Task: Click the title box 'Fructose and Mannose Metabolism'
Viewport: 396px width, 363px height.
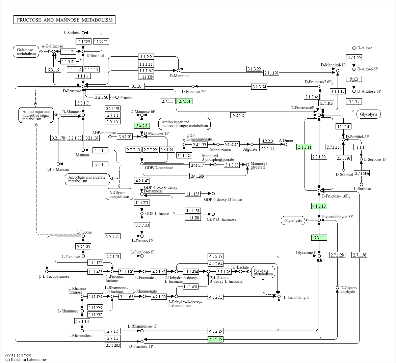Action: (x=64, y=20)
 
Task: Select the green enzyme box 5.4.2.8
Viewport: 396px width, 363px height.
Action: (x=142, y=126)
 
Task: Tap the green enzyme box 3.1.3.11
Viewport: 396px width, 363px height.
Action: (x=305, y=147)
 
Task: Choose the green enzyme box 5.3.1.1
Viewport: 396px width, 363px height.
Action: (x=319, y=238)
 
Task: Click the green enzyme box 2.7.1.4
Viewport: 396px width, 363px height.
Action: (x=185, y=101)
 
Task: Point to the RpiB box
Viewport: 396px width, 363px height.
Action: (x=353, y=79)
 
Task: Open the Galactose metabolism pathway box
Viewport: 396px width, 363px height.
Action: (x=26, y=51)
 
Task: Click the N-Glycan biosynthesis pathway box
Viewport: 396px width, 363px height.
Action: (x=120, y=194)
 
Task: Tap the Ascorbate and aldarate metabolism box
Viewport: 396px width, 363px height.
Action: (x=87, y=179)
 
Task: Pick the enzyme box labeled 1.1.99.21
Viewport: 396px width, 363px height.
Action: (x=101, y=41)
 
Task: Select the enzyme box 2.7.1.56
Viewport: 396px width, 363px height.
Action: (x=359, y=255)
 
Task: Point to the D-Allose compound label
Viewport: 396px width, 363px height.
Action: (x=365, y=48)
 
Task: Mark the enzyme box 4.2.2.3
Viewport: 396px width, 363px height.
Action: (x=267, y=141)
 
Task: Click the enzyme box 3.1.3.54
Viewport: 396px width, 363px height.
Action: (x=259, y=87)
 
